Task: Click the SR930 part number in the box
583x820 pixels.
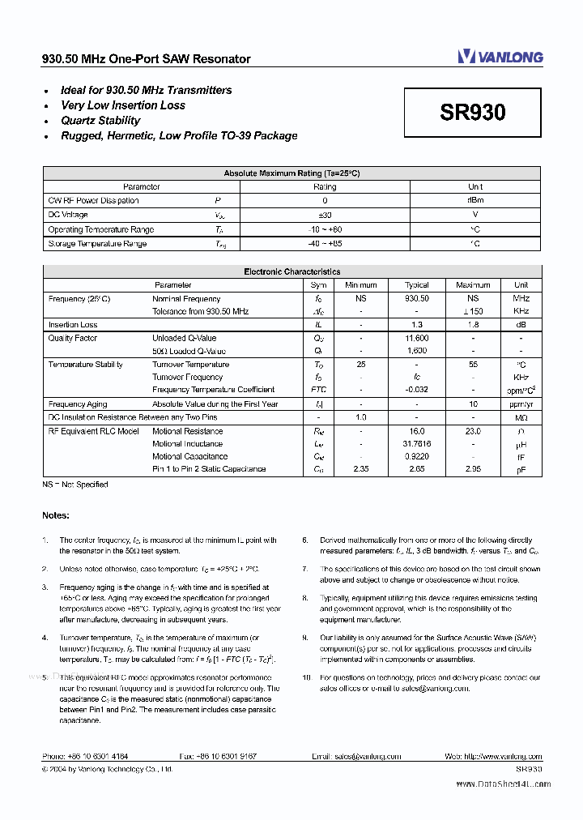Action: point(473,113)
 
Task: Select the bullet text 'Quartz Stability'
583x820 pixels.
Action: point(100,121)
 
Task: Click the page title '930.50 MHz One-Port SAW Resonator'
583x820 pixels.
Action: point(147,59)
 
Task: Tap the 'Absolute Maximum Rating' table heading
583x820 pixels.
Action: point(291,173)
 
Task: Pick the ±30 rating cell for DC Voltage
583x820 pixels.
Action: point(325,216)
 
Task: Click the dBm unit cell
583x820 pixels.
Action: point(475,201)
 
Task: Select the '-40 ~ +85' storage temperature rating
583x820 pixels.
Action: point(325,244)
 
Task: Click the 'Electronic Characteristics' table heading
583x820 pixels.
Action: point(291,272)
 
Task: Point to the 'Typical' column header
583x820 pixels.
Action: point(417,285)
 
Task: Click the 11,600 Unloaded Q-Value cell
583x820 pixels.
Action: point(417,338)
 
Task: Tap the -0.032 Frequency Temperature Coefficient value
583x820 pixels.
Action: point(417,390)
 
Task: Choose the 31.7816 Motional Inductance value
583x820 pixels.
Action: point(417,444)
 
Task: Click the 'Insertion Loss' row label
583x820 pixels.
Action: point(73,325)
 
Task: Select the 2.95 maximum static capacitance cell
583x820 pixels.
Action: point(473,469)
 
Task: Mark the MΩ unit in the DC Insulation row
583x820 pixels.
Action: point(521,418)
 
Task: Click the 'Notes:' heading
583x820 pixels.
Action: point(56,515)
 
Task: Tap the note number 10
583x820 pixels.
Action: point(307,677)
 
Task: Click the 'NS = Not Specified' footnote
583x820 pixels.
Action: point(75,485)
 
